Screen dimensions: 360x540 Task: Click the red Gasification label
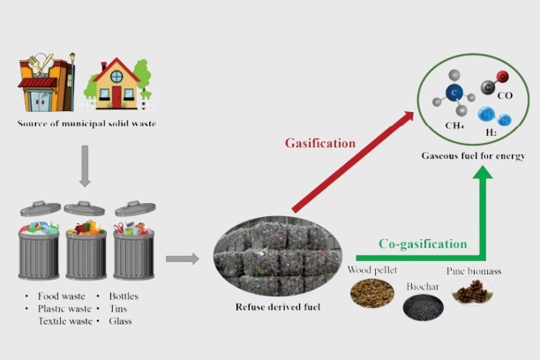(319, 143)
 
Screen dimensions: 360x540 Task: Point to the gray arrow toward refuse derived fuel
(182, 259)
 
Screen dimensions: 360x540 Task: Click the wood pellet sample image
(371, 292)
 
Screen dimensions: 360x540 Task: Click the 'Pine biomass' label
(474, 271)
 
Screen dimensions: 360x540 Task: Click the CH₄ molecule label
(454, 125)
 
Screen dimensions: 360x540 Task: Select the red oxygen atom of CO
(501, 78)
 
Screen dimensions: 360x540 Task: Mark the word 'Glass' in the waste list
(123, 321)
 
